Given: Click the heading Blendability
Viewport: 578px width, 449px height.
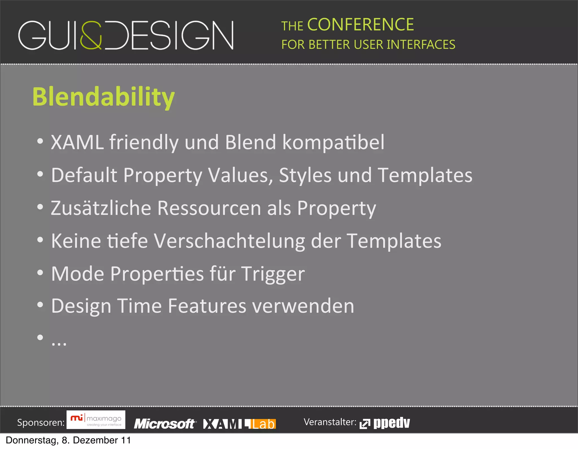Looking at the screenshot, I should (104, 97).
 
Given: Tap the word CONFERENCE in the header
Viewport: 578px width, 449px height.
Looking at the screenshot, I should (360, 25).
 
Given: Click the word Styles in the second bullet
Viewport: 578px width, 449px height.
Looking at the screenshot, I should (305, 175).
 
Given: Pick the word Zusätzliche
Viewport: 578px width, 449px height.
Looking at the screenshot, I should (101, 208).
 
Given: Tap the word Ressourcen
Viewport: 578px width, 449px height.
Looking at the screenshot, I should (209, 208).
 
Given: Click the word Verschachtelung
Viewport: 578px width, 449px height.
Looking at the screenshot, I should (229, 241).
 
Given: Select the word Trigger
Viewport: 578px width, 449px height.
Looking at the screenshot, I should (273, 274).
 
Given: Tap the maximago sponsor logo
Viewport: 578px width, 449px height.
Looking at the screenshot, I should (96, 420).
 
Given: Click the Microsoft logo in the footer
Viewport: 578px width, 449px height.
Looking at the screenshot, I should (165, 424).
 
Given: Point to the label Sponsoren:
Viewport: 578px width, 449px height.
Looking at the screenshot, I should (41, 423).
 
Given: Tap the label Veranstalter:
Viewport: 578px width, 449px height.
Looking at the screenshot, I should (330, 422).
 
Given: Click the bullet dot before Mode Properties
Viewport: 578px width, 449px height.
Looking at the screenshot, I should (40, 273).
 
